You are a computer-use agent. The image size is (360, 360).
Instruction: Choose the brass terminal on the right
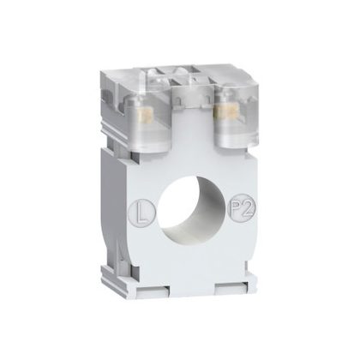225,111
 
